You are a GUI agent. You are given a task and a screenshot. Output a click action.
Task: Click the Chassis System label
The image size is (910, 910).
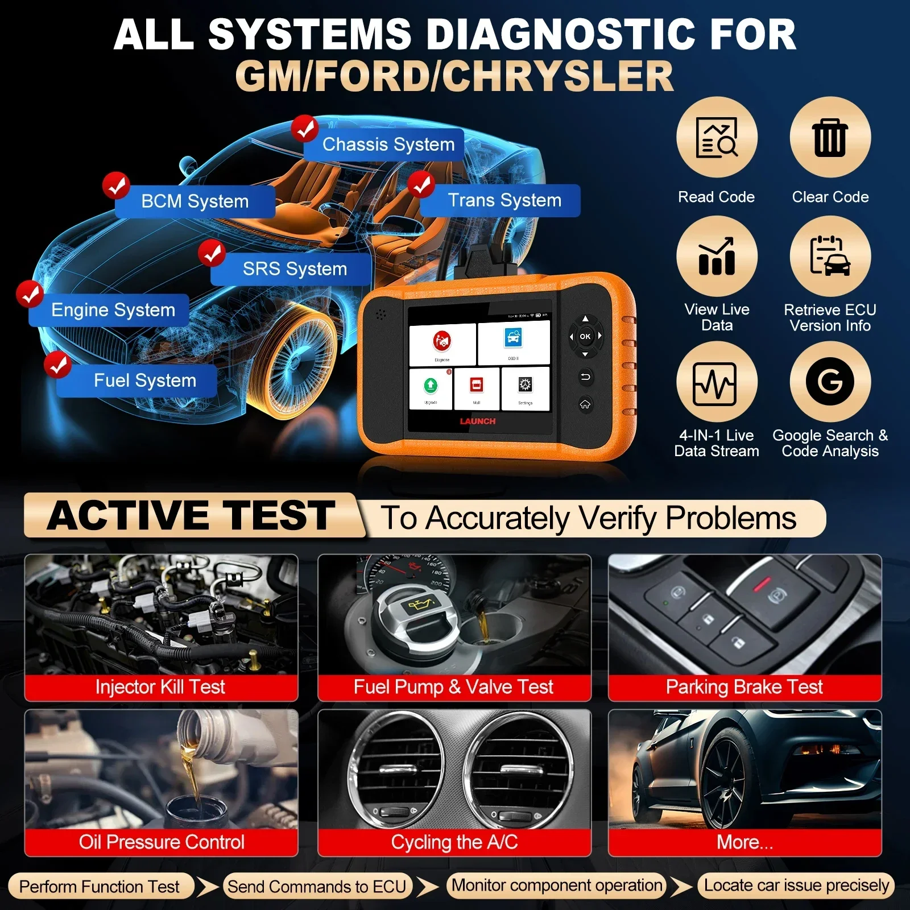tap(388, 144)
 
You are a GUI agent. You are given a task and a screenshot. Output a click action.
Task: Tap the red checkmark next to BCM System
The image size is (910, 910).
tap(116, 186)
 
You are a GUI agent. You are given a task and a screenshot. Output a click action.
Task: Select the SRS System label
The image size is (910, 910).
tap(295, 269)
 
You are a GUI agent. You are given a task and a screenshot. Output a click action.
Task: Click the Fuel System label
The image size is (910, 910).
tap(144, 380)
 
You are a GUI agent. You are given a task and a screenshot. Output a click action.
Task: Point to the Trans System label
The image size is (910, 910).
tap(504, 200)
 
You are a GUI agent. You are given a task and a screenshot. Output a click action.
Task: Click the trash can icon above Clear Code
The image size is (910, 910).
tap(830, 138)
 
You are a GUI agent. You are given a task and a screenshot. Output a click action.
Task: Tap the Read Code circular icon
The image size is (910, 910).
tap(717, 138)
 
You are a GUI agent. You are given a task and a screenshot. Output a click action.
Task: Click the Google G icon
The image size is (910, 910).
tap(830, 381)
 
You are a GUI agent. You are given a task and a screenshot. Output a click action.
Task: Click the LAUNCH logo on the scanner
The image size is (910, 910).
tap(478, 421)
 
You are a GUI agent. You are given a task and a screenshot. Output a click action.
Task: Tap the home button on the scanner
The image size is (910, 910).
tap(585, 404)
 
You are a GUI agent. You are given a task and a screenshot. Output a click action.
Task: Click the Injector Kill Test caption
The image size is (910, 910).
tap(160, 687)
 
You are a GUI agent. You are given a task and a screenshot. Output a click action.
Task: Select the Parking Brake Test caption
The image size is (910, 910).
tap(744, 687)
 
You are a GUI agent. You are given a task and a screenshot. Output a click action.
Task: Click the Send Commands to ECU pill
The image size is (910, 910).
tap(317, 886)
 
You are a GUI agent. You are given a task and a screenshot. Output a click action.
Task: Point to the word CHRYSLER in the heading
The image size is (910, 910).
tap(557, 77)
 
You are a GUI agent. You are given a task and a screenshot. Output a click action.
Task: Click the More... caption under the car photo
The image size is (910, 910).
tap(744, 842)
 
